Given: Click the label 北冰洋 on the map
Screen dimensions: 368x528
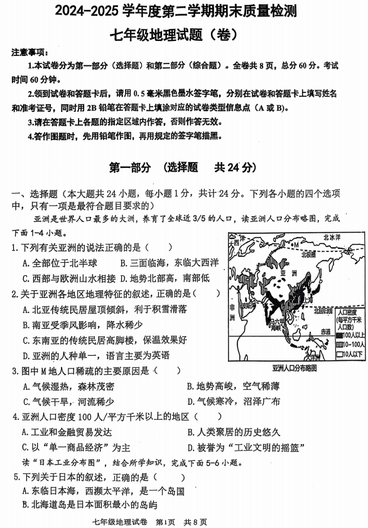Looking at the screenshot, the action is pyautogui.click(x=331, y=238).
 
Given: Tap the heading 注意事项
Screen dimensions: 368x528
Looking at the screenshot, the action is pyautogui.click(x=29, y=52).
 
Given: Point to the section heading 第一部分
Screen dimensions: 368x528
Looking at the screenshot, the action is pyautogui.click(x=130, y=167).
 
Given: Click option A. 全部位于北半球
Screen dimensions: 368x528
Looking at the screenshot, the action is pyautogui.click(x=60, y=263).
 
